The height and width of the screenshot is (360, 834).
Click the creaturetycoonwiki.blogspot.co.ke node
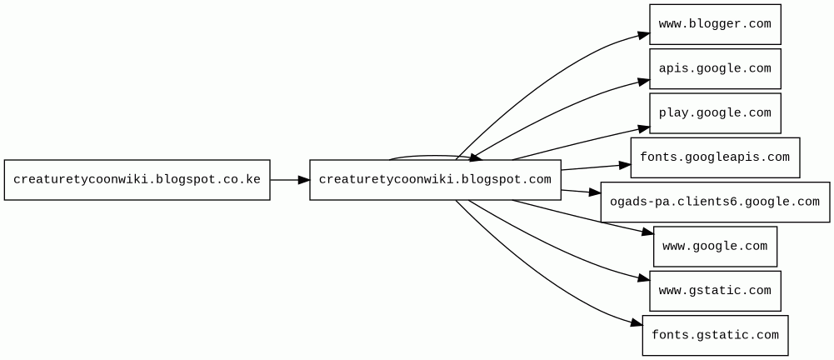click(137, 180)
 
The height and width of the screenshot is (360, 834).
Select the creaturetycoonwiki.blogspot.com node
click(435, 180)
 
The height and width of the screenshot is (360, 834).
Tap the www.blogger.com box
click(715, 24)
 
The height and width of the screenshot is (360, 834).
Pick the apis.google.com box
click(715, 68)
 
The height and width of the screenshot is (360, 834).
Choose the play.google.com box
click(715, 113)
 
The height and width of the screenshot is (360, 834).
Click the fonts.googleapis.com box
click(715, 157)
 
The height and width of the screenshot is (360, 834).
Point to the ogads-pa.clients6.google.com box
click(715, 202)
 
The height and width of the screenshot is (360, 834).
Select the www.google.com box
click(715, 247)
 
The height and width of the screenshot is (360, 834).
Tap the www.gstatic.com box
click(715, 291)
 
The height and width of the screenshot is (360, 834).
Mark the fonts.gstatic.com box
click(715, 335)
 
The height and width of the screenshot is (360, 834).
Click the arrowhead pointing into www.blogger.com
click(644, 35)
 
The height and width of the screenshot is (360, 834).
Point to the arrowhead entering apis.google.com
click(644, 81)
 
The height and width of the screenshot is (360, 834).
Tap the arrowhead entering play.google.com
click(644, 127)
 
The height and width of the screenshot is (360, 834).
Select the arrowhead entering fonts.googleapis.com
click(625, 165)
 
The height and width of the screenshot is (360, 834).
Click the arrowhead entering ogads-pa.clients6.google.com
click(595, 193)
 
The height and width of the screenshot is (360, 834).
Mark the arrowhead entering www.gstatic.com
click(644, 278)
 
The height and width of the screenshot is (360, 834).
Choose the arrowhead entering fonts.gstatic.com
click(637, 323)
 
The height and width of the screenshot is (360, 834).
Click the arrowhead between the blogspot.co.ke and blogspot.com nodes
click(304, 180)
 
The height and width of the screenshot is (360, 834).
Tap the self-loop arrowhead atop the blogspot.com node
click(476, 157)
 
